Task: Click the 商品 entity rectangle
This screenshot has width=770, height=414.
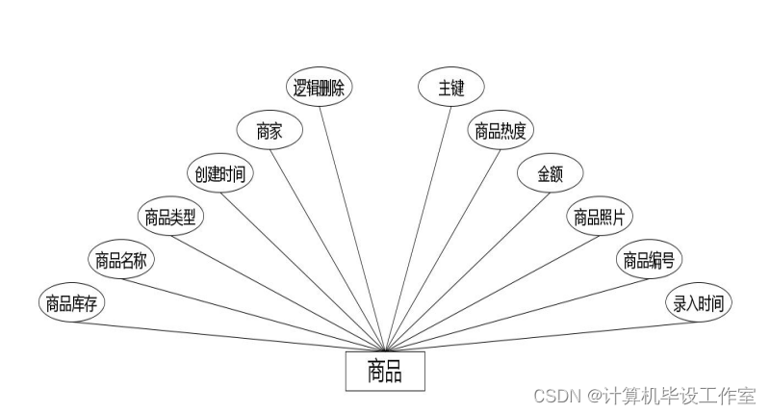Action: [385, 371]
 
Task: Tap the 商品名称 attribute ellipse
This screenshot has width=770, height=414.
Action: [120, 260]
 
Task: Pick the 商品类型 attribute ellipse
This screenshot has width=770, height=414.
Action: [170, 218]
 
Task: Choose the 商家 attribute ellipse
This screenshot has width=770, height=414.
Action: [269, 132]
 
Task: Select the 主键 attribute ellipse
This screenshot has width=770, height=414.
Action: [450, 89]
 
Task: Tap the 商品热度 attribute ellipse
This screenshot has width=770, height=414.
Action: [500, 132]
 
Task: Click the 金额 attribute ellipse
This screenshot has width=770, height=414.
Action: [550, 174]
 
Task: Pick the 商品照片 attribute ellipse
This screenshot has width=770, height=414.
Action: [600, 218]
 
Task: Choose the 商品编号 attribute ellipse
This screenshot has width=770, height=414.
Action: [648, 260]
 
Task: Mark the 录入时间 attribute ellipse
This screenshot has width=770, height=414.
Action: [699, 304]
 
